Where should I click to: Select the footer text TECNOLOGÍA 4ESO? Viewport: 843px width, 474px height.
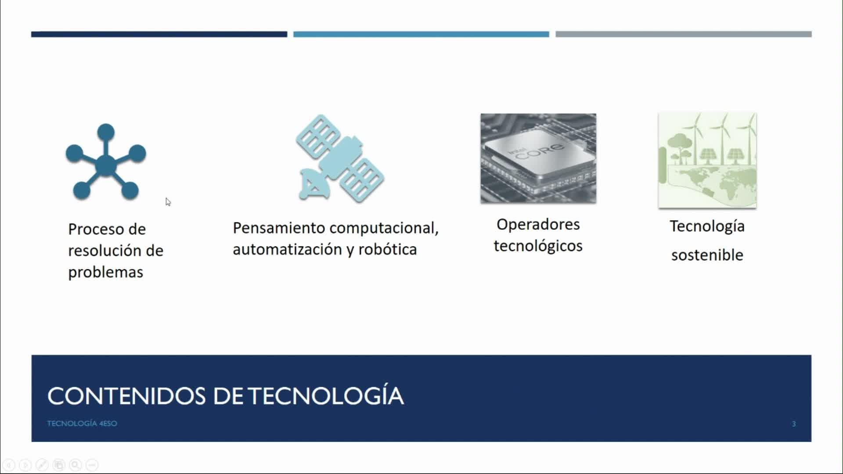click(82, 424)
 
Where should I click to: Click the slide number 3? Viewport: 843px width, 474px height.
click(794, 424)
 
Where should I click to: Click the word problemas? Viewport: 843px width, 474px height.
click(105, 273)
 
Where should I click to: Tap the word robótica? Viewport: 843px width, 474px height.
click(387, 249)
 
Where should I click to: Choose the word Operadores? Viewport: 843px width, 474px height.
click(538, 224)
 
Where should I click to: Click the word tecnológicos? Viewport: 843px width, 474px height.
click(538, 246)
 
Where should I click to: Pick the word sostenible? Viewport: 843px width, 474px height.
click(707, 255)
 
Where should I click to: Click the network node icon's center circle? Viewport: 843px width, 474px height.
click(106, 165)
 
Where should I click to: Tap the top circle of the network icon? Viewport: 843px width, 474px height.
click(106, 132)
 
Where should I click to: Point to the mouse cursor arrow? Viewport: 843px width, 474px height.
click(168, 201)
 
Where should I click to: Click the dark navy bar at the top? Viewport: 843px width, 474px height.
click(159, 34)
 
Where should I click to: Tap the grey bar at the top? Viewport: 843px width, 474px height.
click(684, 34)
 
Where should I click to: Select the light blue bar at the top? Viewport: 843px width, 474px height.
click(421, 34)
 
